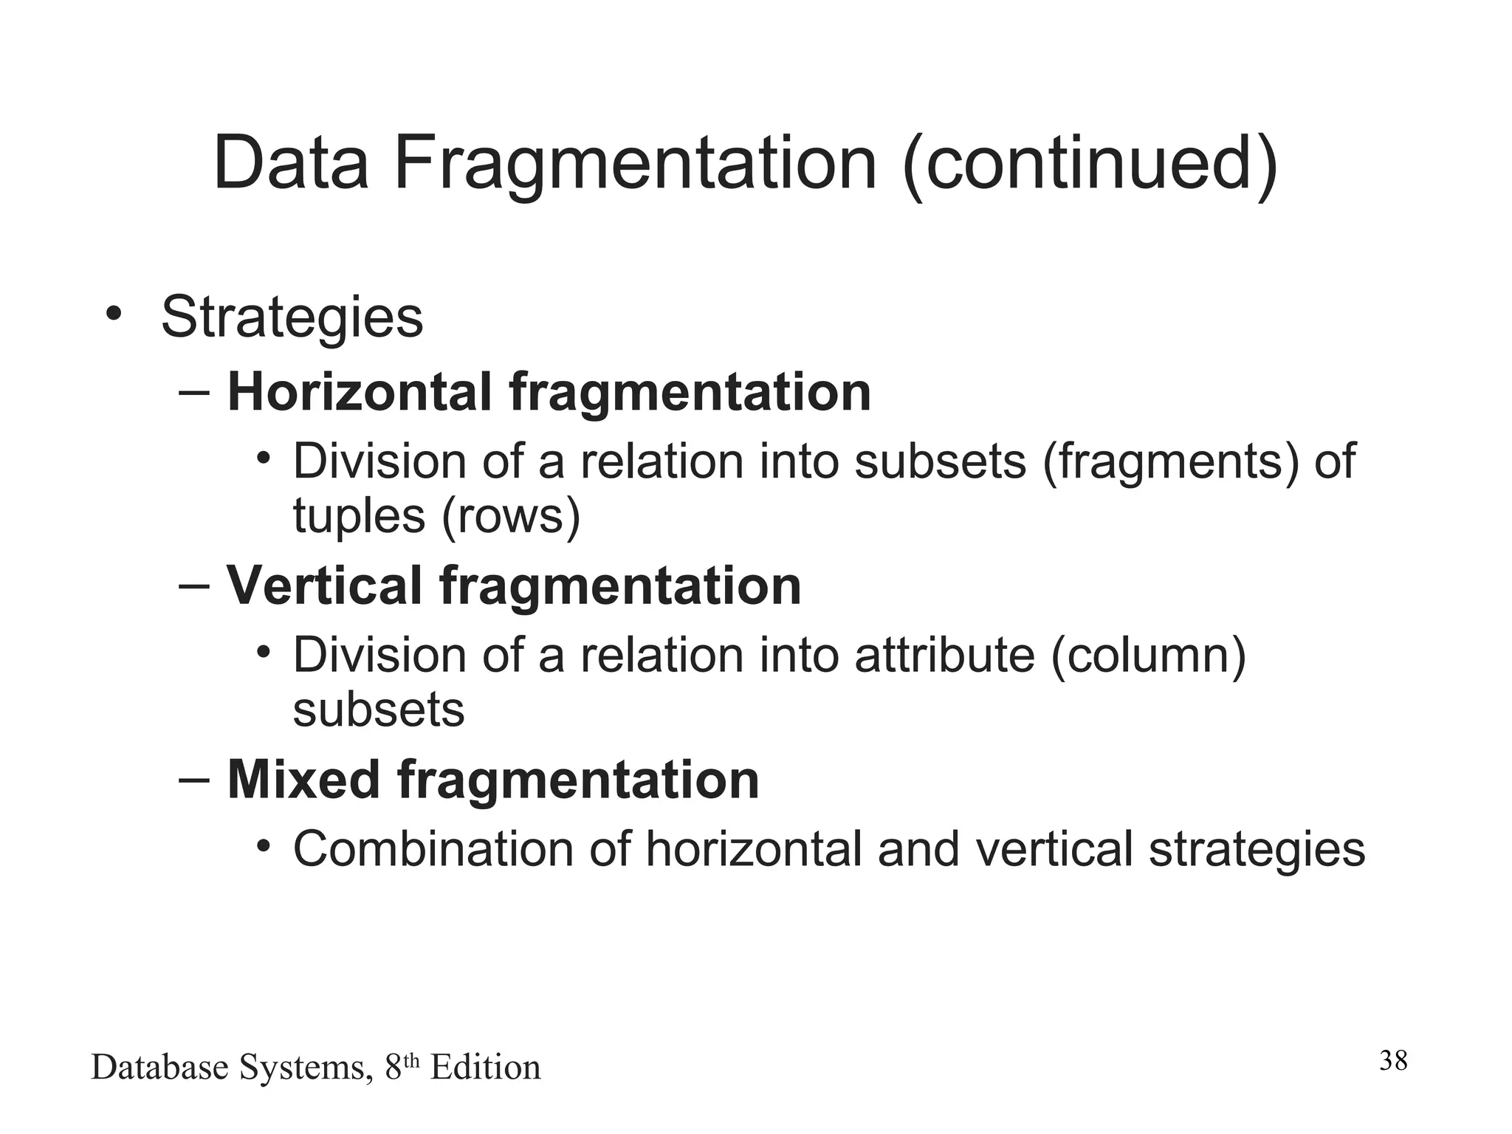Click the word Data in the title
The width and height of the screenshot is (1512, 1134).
pyautogui.click(x=291, y=163)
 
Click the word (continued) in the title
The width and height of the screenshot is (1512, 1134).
pyautogui.click(x=1090, y=165)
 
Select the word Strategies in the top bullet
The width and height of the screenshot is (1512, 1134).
pyautogui.click(x=292, y=318)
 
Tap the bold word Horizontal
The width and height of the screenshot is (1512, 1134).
pyautogui.click(x=359, y=392)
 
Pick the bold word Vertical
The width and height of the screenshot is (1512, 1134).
pyautogui.click(x=324, y=586)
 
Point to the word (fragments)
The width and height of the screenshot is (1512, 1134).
pyautogui.click(x=1170, y=463)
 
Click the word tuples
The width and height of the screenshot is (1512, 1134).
pyautogui.click(x=359, y=516)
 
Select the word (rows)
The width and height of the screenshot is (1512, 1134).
pyautogui.click(x=511, y=516)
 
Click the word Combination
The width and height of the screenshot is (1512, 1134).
pyautogui.click(x=433, y=850)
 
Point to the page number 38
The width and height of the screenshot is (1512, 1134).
pyautogui.click(x=1393, y=1061)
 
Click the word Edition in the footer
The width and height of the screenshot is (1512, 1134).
pyautogui.click(x=485, y=1068)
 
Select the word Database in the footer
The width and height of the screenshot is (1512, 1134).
pyautogui.click(x=159, y=1068)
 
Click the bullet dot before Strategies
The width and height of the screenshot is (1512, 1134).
pyautogui.click(x=112, y=314)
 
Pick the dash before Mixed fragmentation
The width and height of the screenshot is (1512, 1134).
pyautogui.click(x=194, y=778)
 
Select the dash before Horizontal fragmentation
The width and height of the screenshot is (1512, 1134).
pyautogui.click(x=194, y=391)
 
